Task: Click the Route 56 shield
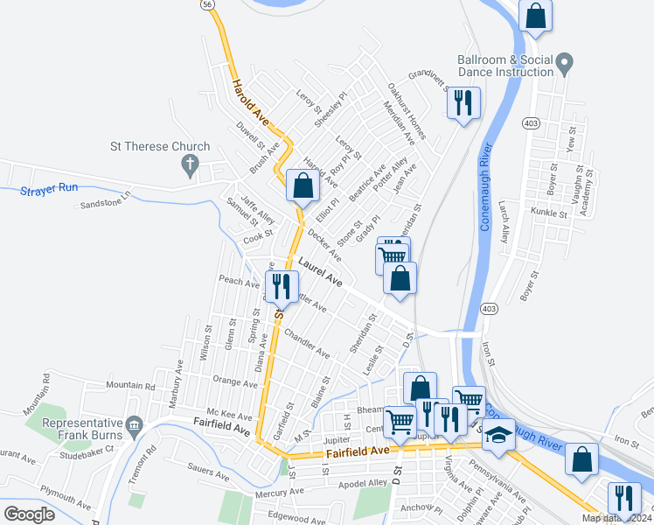[x=206, y=4]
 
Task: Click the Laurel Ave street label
[x=319, y=271]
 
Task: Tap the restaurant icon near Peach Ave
[x=282, y=285]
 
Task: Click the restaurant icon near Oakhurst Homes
[x=463, y=102]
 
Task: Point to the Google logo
[x=29, y=514]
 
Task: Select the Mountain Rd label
[x=130, y=385]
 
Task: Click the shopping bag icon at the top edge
[x=535, y=16]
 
